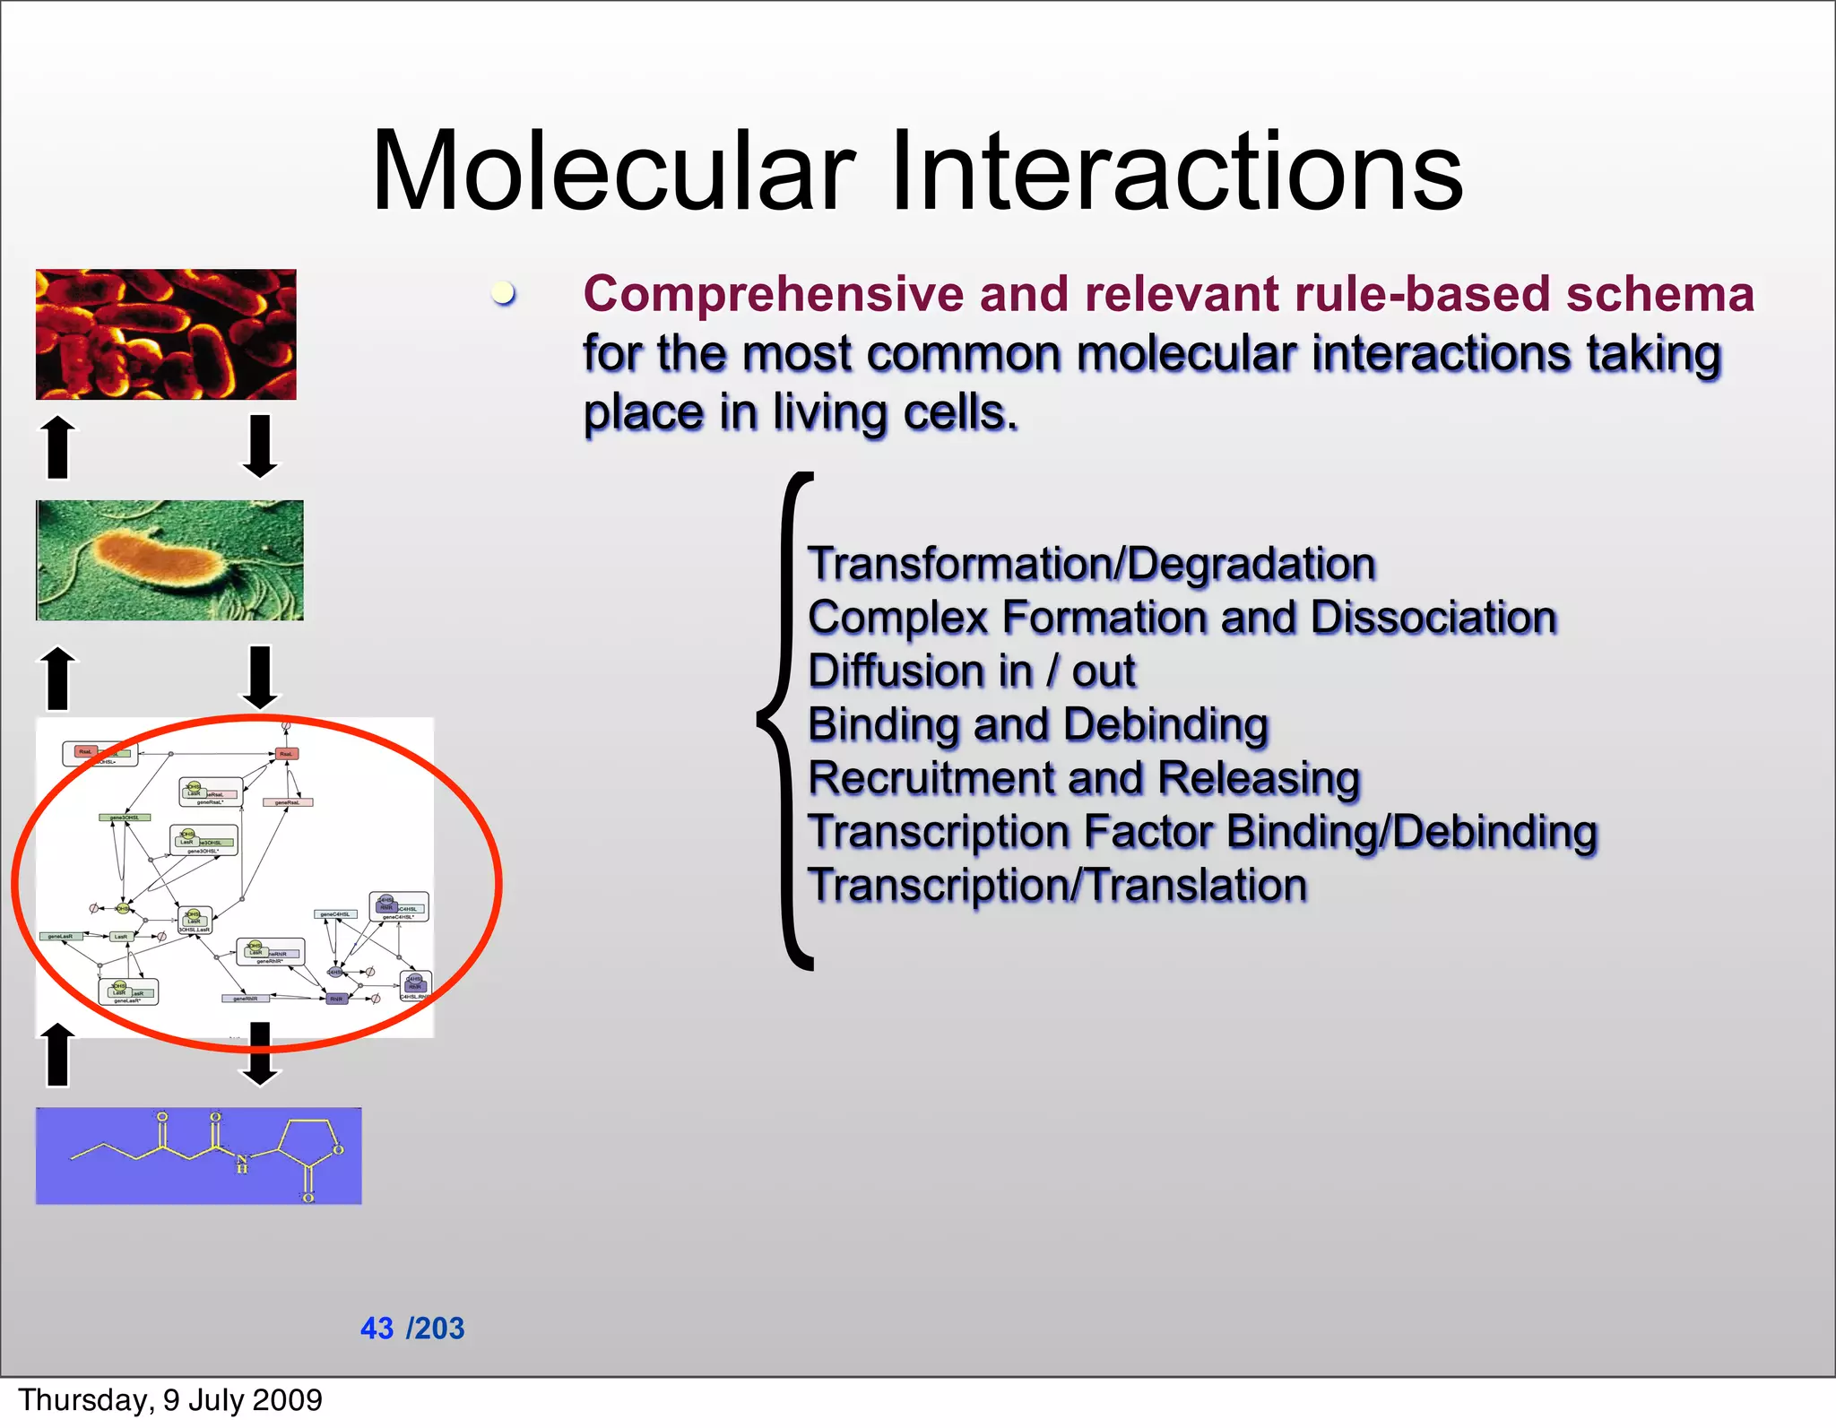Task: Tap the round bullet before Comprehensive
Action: tap(504, 293)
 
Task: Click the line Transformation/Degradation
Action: tap(1091, 564)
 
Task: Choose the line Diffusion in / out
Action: tap(972, 671)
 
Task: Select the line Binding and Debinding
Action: tap(1038, 724)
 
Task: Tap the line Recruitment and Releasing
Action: tap(1084, 778)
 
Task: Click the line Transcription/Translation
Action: tap(1057, 885)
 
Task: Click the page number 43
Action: tap(377, 1328)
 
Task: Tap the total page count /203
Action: tap(436, 1328)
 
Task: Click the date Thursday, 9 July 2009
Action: tap(170, 1399)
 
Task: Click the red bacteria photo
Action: tap(166, 333)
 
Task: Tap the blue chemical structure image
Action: tap(198, 1155)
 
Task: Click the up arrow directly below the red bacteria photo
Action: tap(58, 446)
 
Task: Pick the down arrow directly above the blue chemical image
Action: tap(260, 1054)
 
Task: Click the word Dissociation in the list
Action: tap(1433, 618)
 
